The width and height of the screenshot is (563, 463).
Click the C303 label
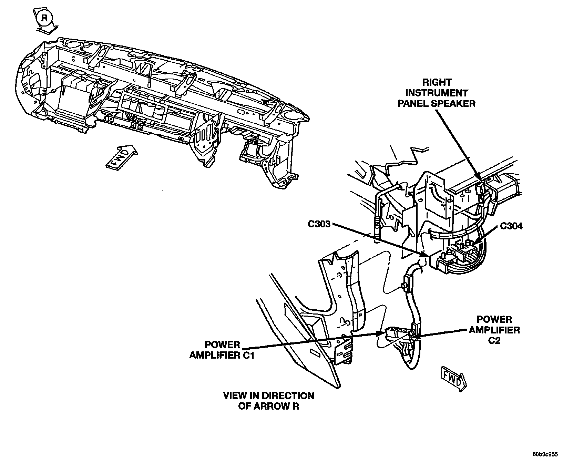(x=319, y=224)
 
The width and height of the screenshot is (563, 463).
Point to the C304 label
(x=511, y=226)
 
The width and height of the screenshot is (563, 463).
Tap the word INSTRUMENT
(x=437, y=93)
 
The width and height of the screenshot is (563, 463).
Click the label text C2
(x=494, y=341)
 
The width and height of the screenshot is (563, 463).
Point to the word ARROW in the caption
(x=274, y=407)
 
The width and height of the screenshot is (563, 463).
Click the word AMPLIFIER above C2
(x=494, y=330)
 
